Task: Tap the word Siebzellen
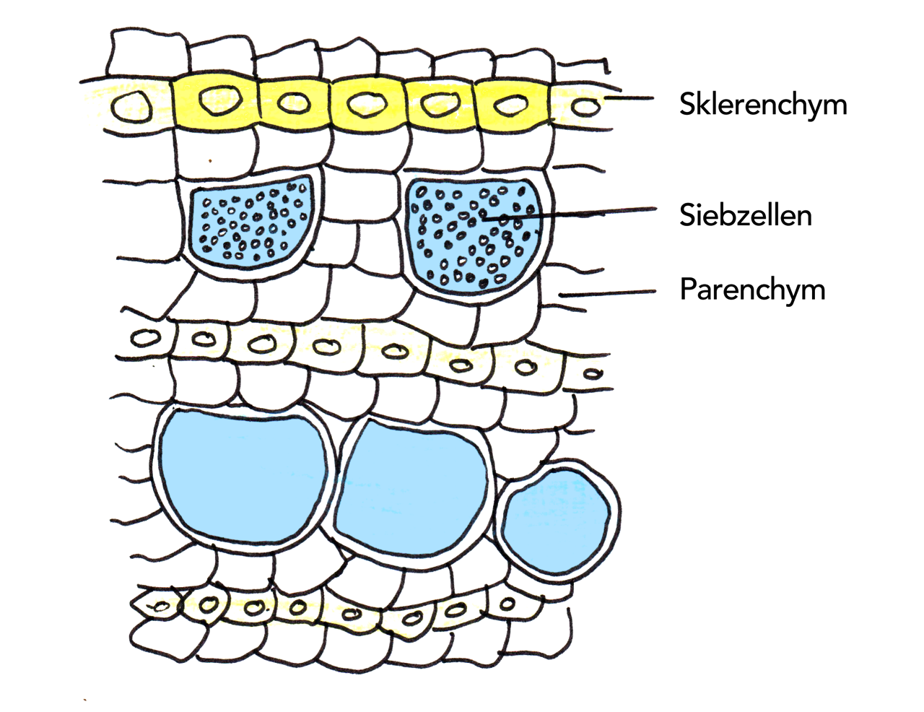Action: [745, 215]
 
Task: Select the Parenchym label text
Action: [752, 290]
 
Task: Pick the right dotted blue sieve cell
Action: [474, 235]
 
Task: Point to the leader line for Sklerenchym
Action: [628, 99]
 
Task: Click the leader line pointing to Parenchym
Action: [610, 293]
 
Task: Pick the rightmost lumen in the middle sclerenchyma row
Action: [593, 373]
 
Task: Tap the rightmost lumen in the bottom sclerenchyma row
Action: [508, 604]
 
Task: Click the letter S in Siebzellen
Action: [687, 215]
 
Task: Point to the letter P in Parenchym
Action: [688, 290]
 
